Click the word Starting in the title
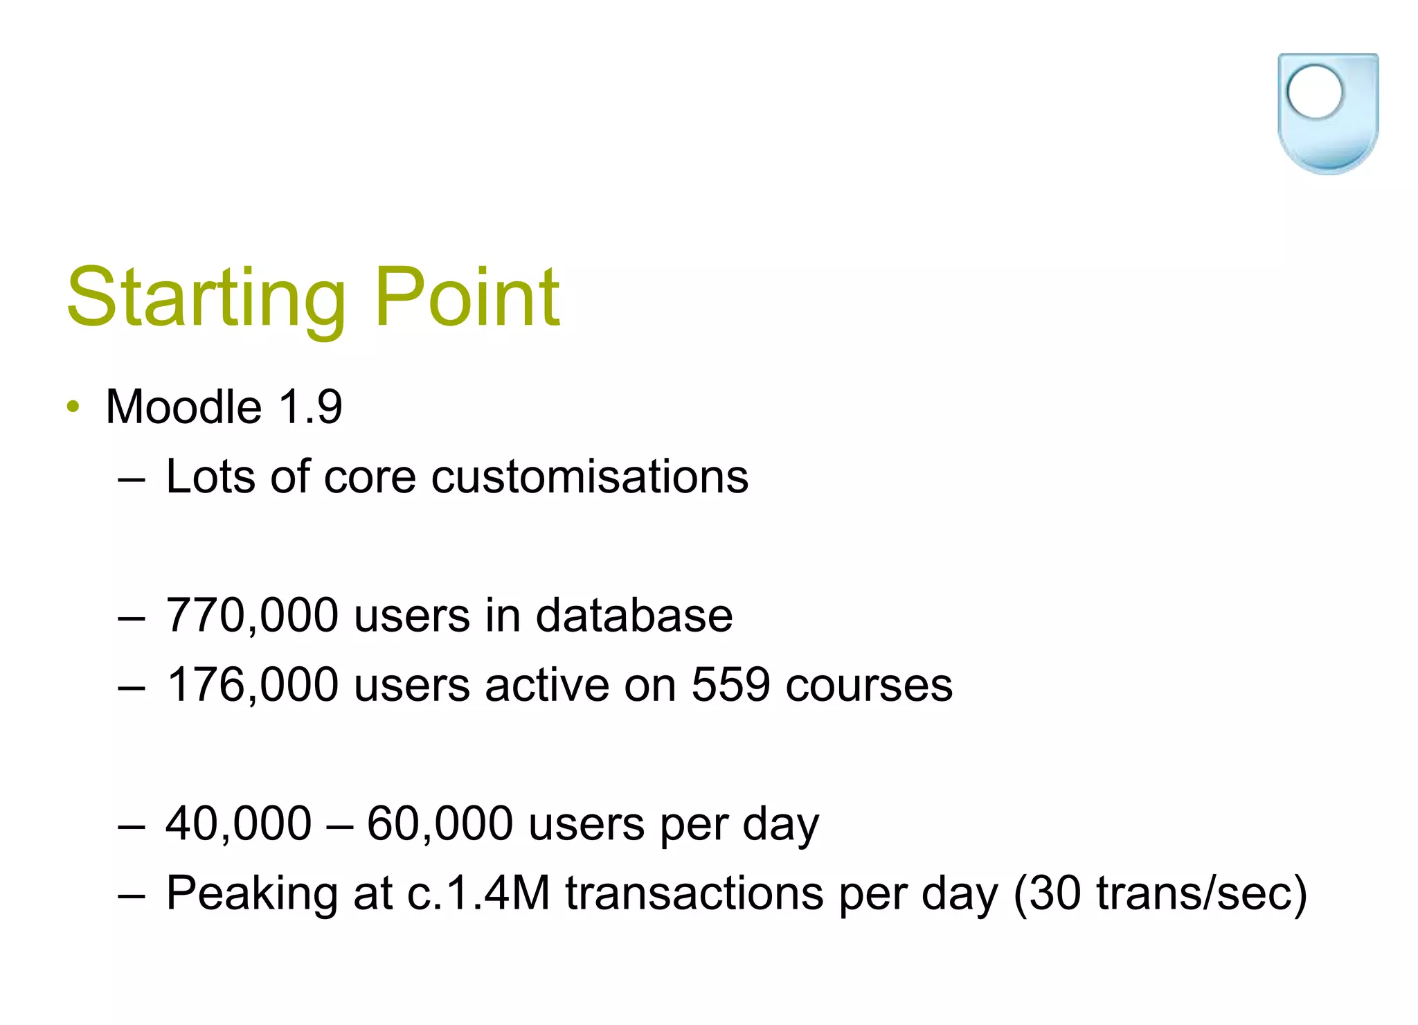pyautogui.click(x=206, y=298)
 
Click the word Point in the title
pyautogui.click(x=467, y=298)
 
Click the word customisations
pyautogui.click(x=589, y=477)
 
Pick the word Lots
pyautogui.click(x=210, y=477)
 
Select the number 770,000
pyautogui.click(x=252, y=616)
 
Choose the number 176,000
pyautogui.click(x=252, y=685)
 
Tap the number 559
pyautogui.click(x=730, y=685)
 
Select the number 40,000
pyautogui.click(x=239, y=823)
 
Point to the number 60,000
pyautogui.click(x=440, y=823)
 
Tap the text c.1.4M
pyautogui.click(x=478, y=893)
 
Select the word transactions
pyautogui.click(x=694, y=893)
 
